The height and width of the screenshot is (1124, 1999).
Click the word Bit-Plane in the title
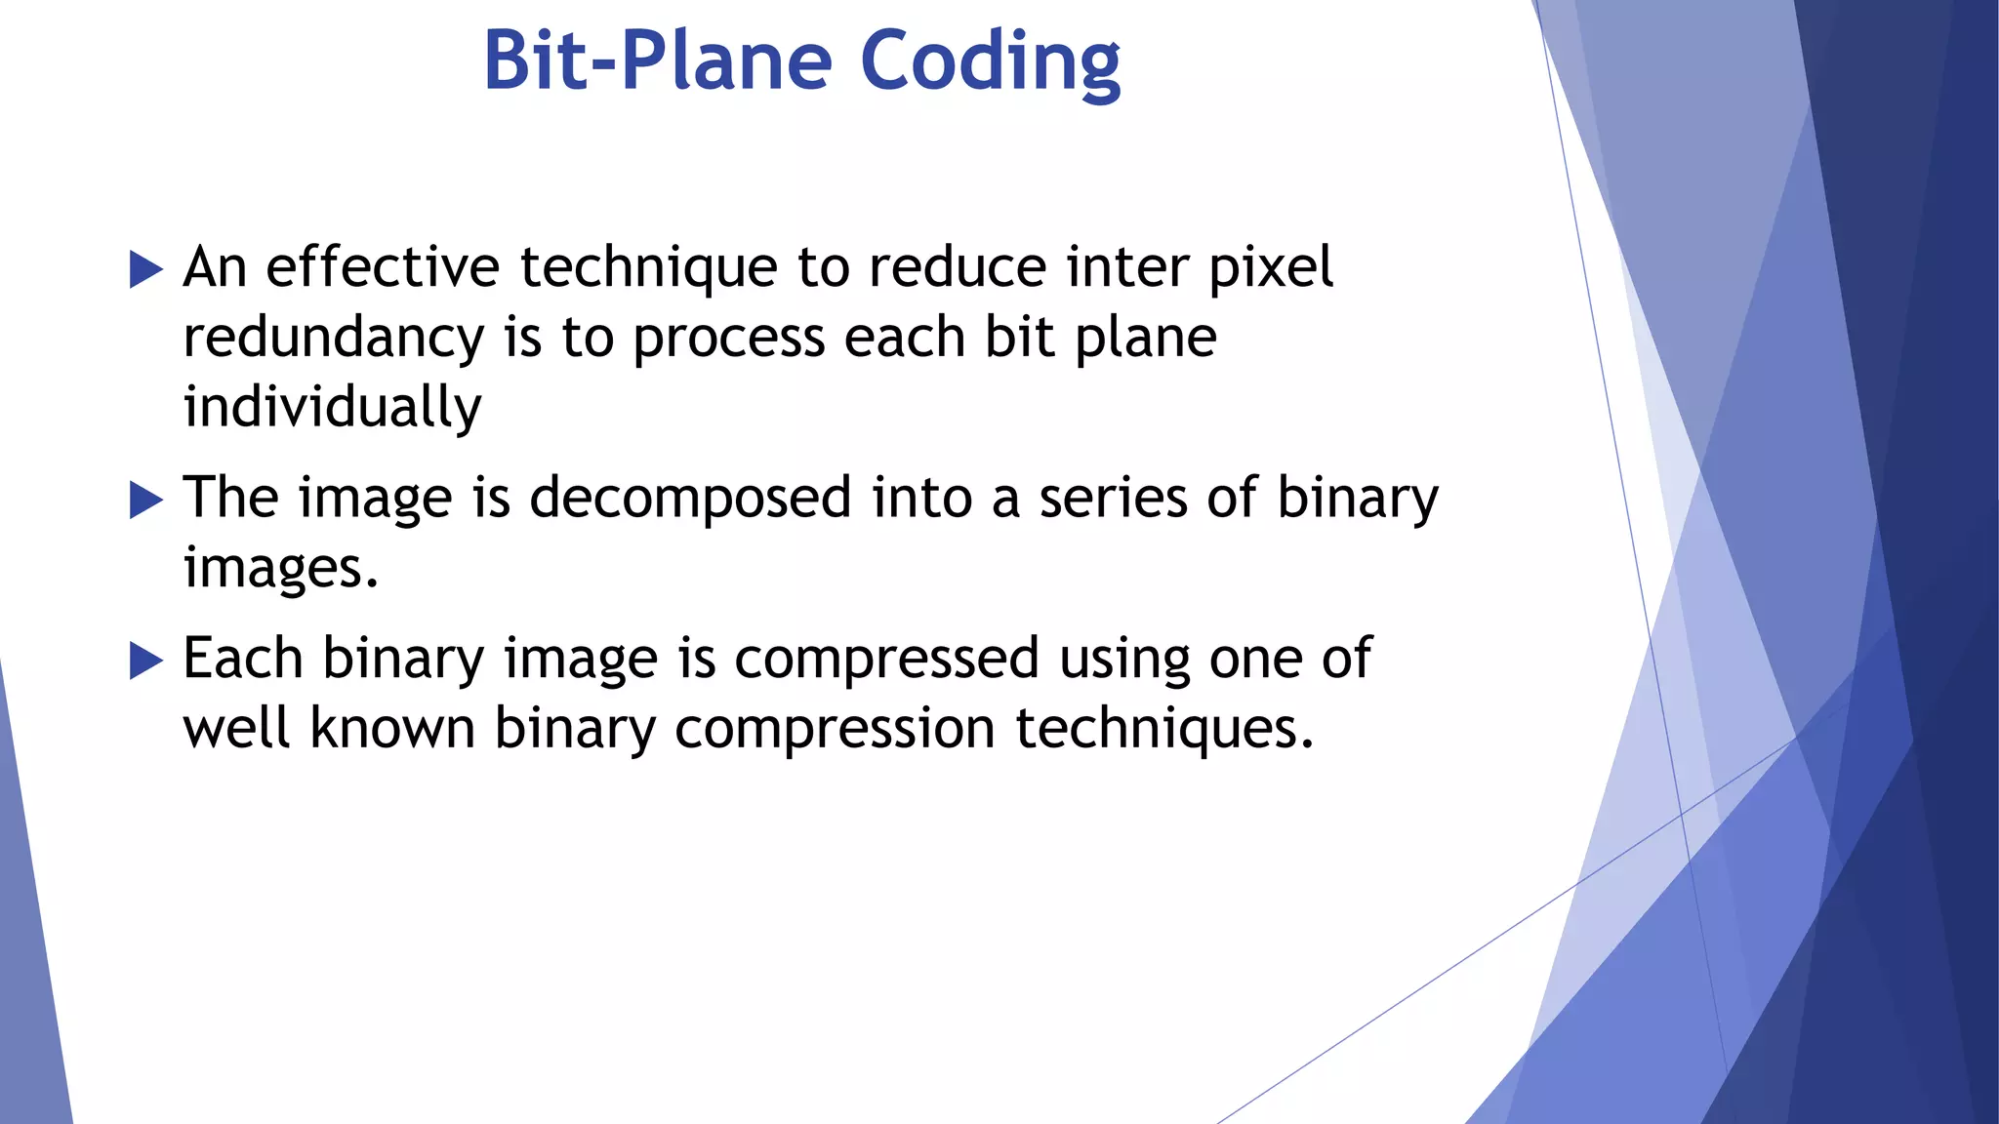pyautogui.click(x=657, y=61)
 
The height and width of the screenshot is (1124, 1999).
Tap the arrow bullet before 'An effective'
pyautogui.click(x=146, y=269)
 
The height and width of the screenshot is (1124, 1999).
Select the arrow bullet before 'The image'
pyautogui.click(x=146, y=501)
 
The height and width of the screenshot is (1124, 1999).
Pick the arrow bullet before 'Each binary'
pyautogui.click(x=146, y=662)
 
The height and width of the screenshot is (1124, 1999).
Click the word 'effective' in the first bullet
pyautogui.click(x=383, y=267)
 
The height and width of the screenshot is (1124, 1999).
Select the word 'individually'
pyautogui.click(x=332, y=408)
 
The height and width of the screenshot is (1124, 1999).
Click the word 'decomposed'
pyautogui.click(x=690, y=499)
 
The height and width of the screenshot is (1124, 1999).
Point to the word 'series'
pyautogui.click(x=1113, y=499)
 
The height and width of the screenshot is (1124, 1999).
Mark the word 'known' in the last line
pyautogui.click(x=392, y=728)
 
